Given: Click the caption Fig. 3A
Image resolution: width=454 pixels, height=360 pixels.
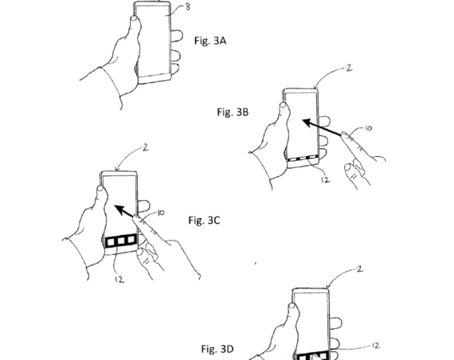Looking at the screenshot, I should pyautogui.click(x=210, y=38).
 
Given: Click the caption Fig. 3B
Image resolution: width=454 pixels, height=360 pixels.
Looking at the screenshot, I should pyautogui.click(x=233, y=112).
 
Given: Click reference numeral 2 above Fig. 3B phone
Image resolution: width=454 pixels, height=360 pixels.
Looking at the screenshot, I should pyautogui.click(x=349, y=69).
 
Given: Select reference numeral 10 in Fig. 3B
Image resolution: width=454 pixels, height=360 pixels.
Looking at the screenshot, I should pyautogui.click(x=369, y=127).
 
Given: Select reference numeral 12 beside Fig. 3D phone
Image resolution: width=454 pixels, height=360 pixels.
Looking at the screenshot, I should pyautogui.click(x=374, y=345).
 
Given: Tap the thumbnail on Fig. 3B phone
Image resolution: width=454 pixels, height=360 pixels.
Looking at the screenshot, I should pyautogui.click(x=284, y=104).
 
